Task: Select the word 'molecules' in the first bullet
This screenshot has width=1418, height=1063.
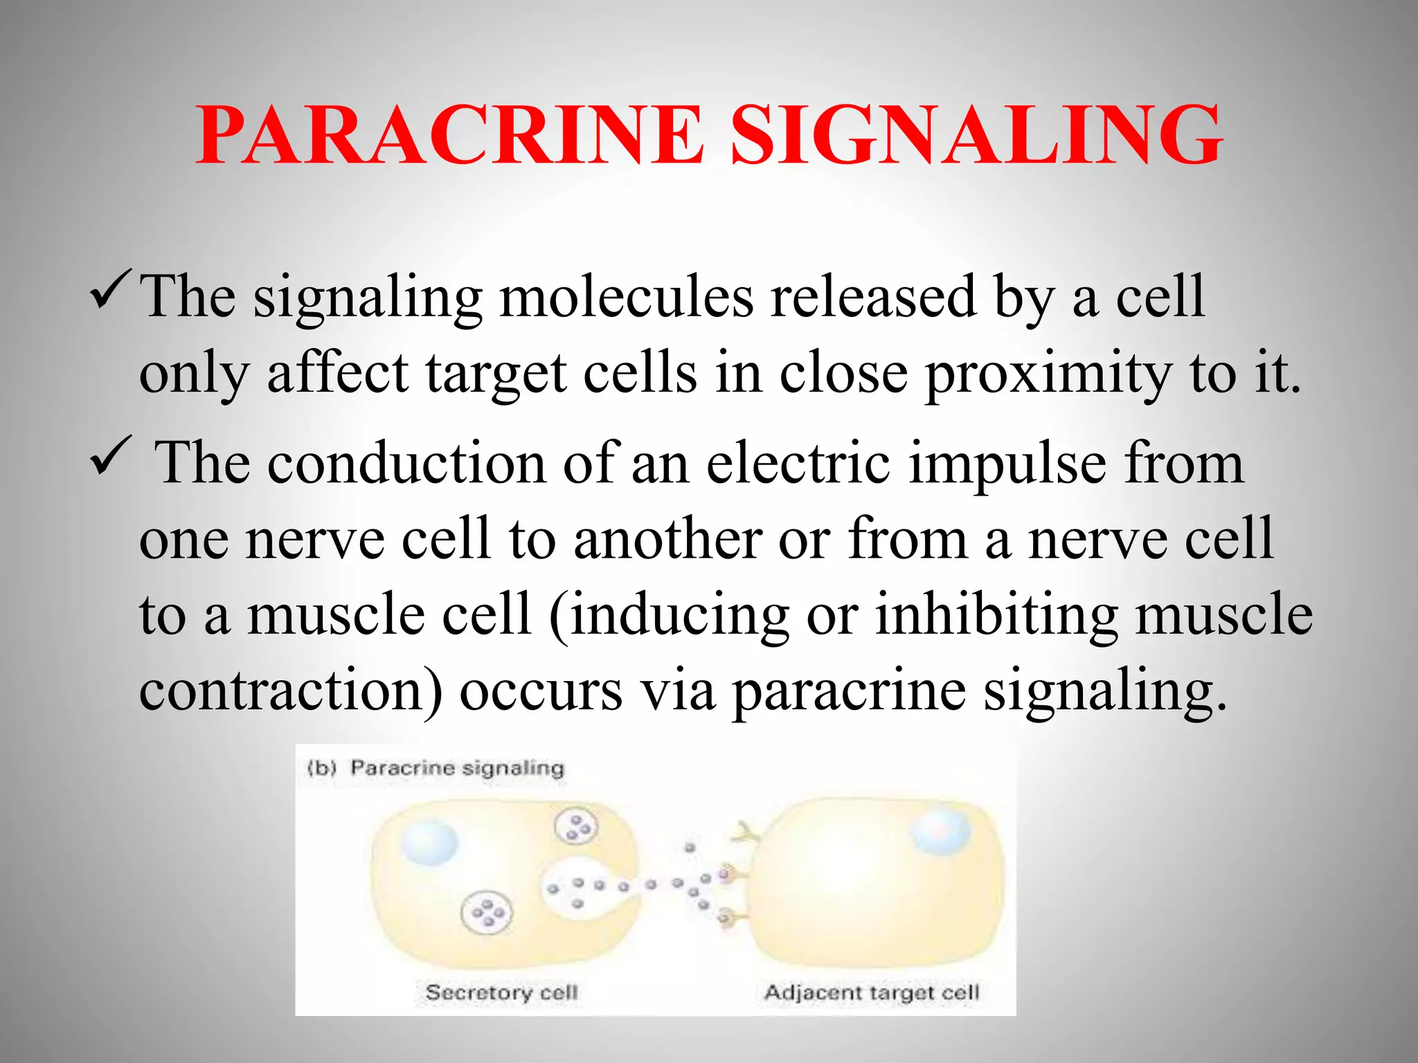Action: pos(626,298)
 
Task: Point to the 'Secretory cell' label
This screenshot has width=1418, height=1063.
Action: pos(501,992)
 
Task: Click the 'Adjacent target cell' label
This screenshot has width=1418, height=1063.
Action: pos(871,992)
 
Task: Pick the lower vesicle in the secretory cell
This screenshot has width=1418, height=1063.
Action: pos(487,914)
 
